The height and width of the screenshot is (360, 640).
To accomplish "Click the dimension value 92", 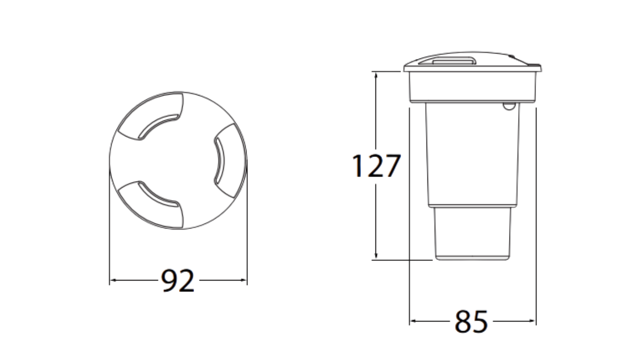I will pos(178,281).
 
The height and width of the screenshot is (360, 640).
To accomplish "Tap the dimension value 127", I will pos(376,166).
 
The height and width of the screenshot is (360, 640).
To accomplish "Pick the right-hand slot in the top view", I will pos(219,161).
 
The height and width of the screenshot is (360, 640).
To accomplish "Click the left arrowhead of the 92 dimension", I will pos(112,280).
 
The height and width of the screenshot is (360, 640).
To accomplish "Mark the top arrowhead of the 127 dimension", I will pos(375,74).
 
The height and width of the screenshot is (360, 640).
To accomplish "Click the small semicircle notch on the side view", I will pos(508,105).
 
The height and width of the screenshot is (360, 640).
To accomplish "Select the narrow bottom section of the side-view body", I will pos(472,233).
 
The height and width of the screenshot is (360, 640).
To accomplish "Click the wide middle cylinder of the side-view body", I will pos(472,155).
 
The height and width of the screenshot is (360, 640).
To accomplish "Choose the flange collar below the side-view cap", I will pos(472,86).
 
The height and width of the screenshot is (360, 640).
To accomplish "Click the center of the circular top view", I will pos(178,160).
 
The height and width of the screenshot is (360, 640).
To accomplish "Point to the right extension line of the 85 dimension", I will pos(536,215).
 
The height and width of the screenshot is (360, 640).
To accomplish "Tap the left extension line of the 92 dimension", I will pos(109,225).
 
